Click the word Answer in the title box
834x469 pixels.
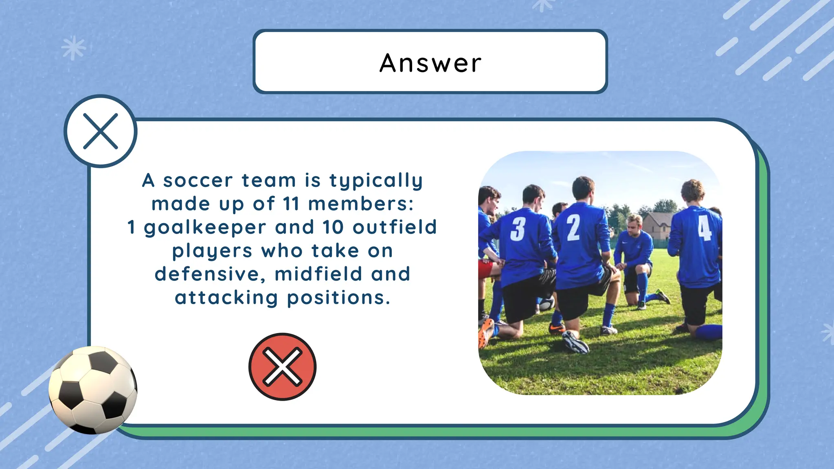point(430,63)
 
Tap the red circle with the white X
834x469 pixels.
point(282,366)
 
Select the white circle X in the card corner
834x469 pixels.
point(101,131)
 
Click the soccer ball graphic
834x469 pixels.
point(93,390)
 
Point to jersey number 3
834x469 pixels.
point(518,229)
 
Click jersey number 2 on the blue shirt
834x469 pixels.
point(573,228)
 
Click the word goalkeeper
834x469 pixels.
point(205,228)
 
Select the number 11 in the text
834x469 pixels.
point(291,204)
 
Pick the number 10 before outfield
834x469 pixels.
point(333,227)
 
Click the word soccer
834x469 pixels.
point(198,180)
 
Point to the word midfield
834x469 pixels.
point(318,274)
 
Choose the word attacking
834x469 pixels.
point(226,298)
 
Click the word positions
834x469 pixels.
point(338,298)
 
